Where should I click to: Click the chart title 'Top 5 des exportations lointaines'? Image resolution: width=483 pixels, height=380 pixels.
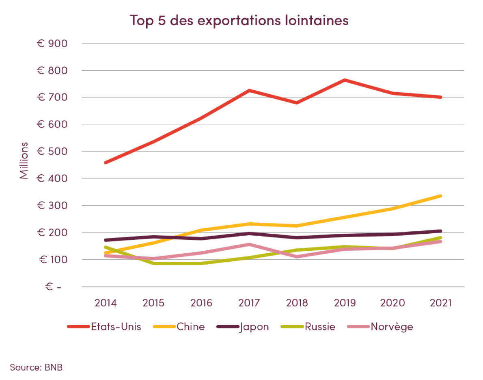[x=239, y=20]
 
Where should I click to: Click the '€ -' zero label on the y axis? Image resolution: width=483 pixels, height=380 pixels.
[x=53, y=287]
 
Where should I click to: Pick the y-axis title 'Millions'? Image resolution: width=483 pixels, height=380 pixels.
[x=24, y=161]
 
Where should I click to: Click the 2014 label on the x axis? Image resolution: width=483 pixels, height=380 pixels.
[x=106, y=303]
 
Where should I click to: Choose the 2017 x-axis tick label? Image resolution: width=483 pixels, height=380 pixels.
[x=249, y=303]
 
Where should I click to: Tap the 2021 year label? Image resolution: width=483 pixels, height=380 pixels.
[x=440, y=303]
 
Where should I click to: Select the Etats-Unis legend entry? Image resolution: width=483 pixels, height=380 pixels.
[x=104, y=327]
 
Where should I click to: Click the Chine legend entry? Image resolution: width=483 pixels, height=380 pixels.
[x=179, y=327]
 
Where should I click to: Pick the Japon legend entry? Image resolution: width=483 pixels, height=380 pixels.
[x=243, y=327]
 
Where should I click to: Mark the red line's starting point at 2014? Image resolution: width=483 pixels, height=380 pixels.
[x=106, y=163]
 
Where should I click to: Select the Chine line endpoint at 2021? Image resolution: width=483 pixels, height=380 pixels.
[x=440, y=196]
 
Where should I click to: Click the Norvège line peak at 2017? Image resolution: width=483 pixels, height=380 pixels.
[x=249, y=244]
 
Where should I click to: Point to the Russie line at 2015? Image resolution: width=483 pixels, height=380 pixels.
[x=153, y=263]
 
